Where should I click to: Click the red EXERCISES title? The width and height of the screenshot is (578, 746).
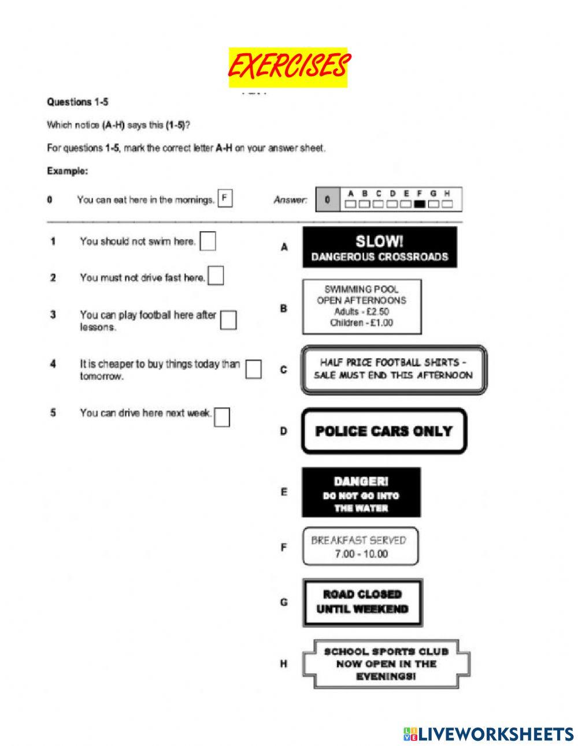pyautogui.click(x=288, y=66)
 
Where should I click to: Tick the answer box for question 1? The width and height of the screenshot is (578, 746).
pyautogui.click(x=208, y=242)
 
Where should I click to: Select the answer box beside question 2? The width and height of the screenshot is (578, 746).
pyautogui.click(x=216, y=276)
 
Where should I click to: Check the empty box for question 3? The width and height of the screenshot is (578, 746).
pyautogui.click(x=228, y=320)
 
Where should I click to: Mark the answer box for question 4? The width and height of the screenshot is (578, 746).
pyautogui.click(x=253, y=369)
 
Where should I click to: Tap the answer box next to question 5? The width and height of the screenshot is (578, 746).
pyautogui.click(x=222, y=417)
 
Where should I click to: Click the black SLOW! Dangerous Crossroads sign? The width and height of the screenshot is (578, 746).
pyautogui.click(x=379, y=247)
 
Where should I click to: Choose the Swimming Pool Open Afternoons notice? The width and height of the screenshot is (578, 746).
pyautogui.click(x=362, y=306)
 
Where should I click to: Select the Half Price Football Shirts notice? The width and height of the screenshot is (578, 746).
pyautogui.click(x=394, y=369)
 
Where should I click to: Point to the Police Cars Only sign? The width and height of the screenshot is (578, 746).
pyautogui.click(x=384, y=431)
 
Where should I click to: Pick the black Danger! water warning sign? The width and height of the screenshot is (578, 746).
pyautogui.click(x=361, y=492)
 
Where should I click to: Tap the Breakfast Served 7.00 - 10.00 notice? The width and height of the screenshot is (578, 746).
pyautogui.click(x=360, y=547)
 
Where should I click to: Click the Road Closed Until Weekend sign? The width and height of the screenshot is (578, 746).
pyautogui.click(x=362, y=602)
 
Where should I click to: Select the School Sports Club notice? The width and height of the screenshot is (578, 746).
pyautogui.click(x=386, y=663)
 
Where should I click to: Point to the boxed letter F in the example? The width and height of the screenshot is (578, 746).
pyautogui.click(x=225, y=199)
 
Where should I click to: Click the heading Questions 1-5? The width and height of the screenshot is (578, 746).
pyautogui.click(x=77, y=102)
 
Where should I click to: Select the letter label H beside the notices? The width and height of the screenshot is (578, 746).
pyautogui.click(x=284, y=664)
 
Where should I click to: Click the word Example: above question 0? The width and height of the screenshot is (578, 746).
pyautogui.click(x=67, y=171)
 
